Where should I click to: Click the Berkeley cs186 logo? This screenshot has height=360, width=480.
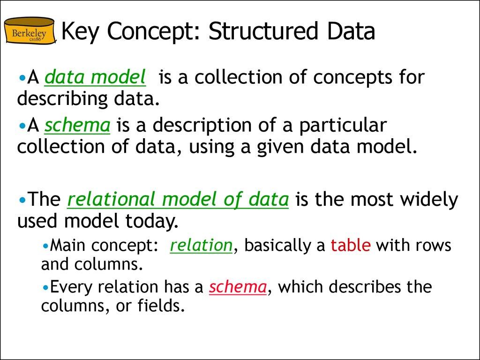[x=29, y=31]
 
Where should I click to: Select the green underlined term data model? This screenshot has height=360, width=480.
[x=95, y=78]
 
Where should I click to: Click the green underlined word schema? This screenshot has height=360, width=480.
[x=77, y=126]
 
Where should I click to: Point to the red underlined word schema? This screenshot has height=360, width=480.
[x=238, y=287]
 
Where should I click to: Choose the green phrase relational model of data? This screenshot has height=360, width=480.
[x=178, y=200]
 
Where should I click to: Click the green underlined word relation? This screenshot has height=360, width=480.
[x=201, y=246]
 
